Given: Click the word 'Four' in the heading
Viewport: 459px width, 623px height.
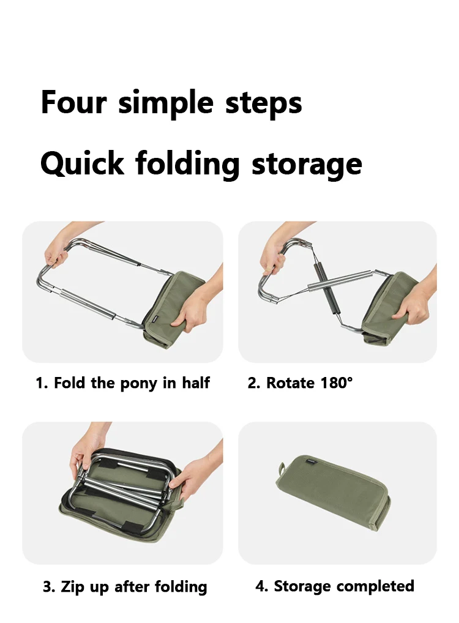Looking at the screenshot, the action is click(74, 102).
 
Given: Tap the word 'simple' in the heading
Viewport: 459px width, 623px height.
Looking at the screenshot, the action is click(166, 104).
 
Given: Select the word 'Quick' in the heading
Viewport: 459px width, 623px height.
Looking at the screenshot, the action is click(82, 163).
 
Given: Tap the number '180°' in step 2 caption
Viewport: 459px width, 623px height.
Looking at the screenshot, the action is click(336, 382).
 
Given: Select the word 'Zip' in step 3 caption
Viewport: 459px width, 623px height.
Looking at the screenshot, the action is click(73, 588).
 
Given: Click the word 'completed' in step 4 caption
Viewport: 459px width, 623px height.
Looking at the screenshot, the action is click(375, 586).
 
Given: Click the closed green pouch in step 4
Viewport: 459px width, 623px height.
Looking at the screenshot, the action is click(332, 492).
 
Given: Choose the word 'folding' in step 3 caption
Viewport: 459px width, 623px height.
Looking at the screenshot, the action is click(181, 588).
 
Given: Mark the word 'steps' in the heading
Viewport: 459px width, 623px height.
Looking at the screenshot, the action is click(264, 104).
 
